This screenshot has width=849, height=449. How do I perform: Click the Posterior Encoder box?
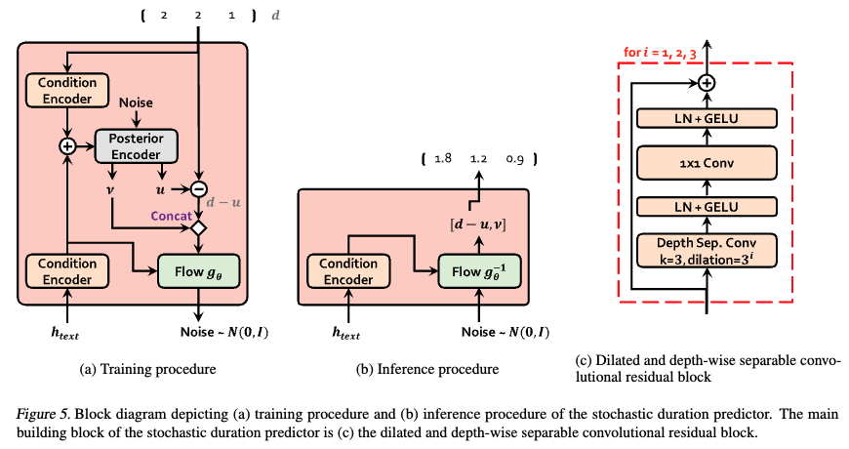(136, 144)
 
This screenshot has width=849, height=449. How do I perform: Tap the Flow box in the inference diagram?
(476, 269)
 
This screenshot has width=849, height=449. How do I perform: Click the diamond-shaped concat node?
(200, 228)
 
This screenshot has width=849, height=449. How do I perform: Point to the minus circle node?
(200, 187)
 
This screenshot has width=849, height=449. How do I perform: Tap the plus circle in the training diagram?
(67, 145)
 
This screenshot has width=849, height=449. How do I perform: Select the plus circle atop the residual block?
(707, 83)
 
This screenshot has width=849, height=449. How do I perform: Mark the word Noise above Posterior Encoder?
(136, 102)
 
